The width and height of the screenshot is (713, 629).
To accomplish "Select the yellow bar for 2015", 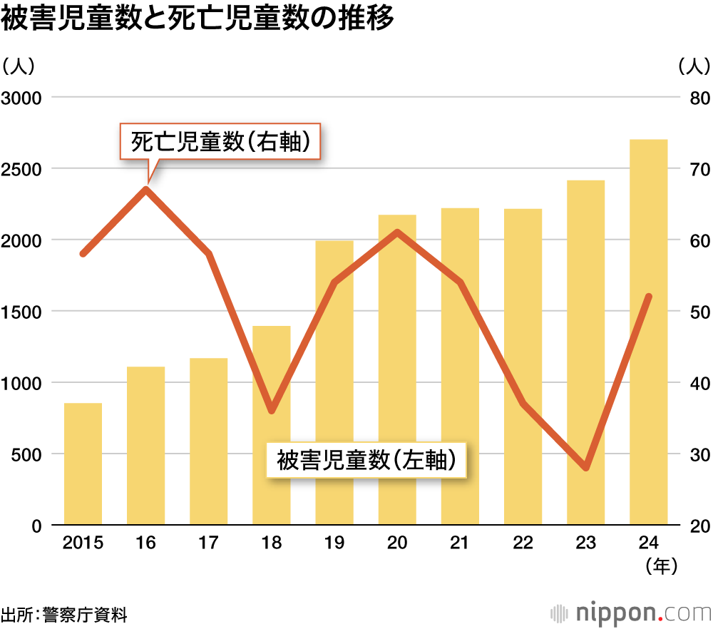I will (83, 464).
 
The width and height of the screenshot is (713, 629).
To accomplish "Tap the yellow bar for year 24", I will (648, 332).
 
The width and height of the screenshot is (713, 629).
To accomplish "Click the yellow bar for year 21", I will (460, 367).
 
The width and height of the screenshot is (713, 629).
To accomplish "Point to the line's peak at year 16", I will (146, 189).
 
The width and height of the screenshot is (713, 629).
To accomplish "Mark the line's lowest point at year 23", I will (586, 468).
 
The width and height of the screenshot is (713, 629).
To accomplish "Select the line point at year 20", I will (397, 232).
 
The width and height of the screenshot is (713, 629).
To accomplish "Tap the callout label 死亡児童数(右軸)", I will (220, 143).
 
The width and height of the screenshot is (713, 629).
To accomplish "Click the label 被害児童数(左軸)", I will (366, 460).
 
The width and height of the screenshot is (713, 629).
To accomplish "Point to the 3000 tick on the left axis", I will (22, 98).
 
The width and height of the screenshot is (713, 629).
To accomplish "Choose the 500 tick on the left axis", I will (26, 454).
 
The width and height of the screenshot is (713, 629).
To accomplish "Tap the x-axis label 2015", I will (83, 543).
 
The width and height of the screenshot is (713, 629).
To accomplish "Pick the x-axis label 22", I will (523, 543).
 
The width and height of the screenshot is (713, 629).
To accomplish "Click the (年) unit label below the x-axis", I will (661, 567).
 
